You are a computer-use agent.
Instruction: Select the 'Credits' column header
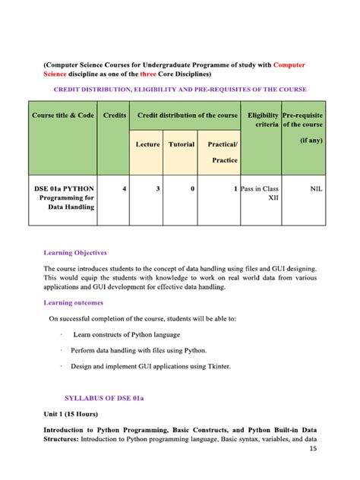[114, 115]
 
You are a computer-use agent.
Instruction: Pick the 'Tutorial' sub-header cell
[182, 144]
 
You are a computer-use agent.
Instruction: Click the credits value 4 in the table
[124, 188]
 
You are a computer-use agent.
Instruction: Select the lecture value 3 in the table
[157, 188]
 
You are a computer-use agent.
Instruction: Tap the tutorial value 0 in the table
[192, 188]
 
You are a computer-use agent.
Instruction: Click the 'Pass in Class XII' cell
[262, 193]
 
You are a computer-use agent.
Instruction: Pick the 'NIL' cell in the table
[316, 188]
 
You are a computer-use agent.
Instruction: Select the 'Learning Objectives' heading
[75, 252]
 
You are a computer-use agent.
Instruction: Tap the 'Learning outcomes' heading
[74, 302]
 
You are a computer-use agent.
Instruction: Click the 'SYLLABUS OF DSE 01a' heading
[105, 397]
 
